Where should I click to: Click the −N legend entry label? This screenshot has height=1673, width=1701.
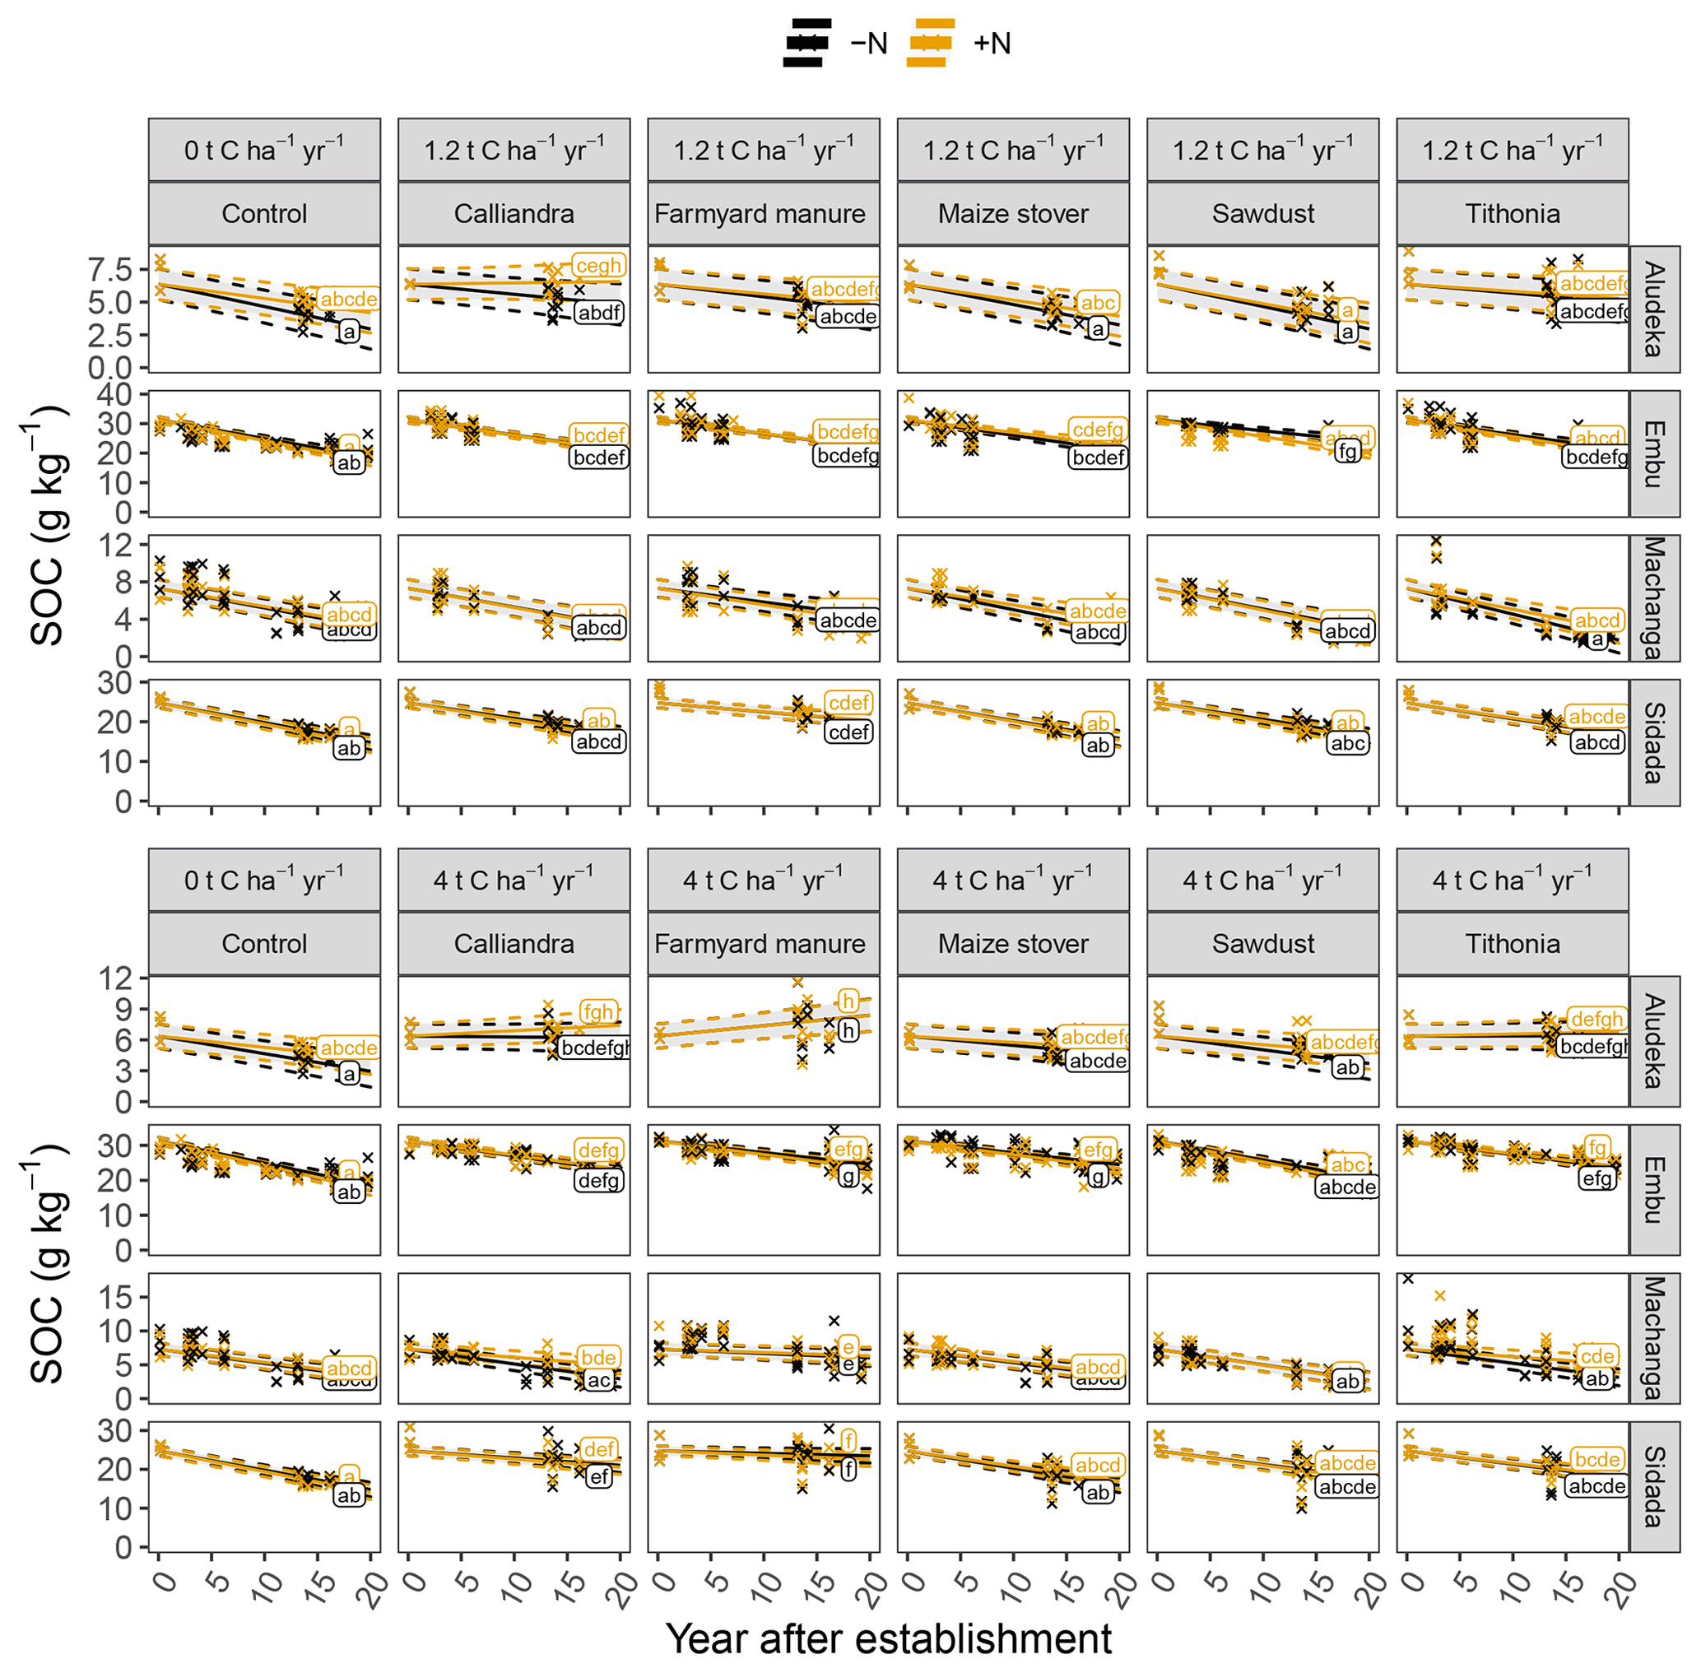869,43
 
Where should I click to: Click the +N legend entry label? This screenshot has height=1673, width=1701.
992,43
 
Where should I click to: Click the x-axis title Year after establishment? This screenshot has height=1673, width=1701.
888,1638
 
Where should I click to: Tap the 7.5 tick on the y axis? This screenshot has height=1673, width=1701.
109,269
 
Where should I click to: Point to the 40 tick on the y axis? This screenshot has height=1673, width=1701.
114,394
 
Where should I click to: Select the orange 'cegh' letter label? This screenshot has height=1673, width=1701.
598,265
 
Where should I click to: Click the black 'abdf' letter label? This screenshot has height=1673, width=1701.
599,313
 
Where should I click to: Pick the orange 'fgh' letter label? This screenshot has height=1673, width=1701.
597,1011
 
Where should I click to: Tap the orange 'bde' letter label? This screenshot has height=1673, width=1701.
598,1357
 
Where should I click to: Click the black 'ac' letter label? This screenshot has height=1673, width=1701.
598,1380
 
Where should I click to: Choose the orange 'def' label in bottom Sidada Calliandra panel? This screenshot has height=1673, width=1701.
598,1450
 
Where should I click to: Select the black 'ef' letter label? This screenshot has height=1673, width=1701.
598,1476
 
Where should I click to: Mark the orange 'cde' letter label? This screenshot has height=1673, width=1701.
1596,1356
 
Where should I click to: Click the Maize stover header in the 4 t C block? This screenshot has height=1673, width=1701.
1013,944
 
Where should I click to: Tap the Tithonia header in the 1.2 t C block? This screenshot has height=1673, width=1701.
1512,213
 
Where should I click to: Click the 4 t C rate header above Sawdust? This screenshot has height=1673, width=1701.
1262,881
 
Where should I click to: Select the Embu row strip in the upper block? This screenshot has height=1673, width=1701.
1653,454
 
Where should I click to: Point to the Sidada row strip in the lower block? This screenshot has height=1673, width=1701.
1653,1486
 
